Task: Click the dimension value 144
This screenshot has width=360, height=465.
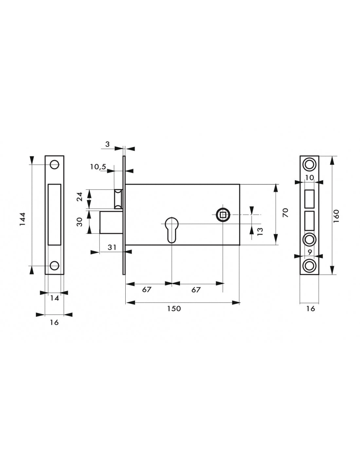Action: click(23, 219)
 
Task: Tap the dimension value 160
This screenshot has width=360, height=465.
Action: click(336, 216)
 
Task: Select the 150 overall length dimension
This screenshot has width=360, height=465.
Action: click(174, 309)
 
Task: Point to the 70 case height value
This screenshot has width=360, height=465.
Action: click(286, 213)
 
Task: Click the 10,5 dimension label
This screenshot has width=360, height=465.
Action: click(98, 167)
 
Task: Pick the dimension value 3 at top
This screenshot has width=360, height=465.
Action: click(107, 144)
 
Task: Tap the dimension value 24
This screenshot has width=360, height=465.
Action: click(80, 197)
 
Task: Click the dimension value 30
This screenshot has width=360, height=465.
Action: click(80, 222)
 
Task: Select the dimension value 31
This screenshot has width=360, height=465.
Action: click(112, 247)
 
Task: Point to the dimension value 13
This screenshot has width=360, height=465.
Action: click(260, 232)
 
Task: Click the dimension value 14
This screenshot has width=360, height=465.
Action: click(55, 298)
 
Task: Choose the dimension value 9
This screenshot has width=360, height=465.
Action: click(310, 252)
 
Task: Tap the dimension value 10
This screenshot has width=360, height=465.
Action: click(309, 177)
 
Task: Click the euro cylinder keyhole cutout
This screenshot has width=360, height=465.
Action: click(171, 230)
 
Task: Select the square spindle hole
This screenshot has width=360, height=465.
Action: click(223, 215)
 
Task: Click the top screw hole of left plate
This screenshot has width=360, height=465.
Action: click(54, 164)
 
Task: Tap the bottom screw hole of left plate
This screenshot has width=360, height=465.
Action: click(54, 266)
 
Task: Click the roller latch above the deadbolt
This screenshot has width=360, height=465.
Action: click(118, 199)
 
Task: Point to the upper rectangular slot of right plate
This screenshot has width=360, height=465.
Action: click(309, 199)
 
